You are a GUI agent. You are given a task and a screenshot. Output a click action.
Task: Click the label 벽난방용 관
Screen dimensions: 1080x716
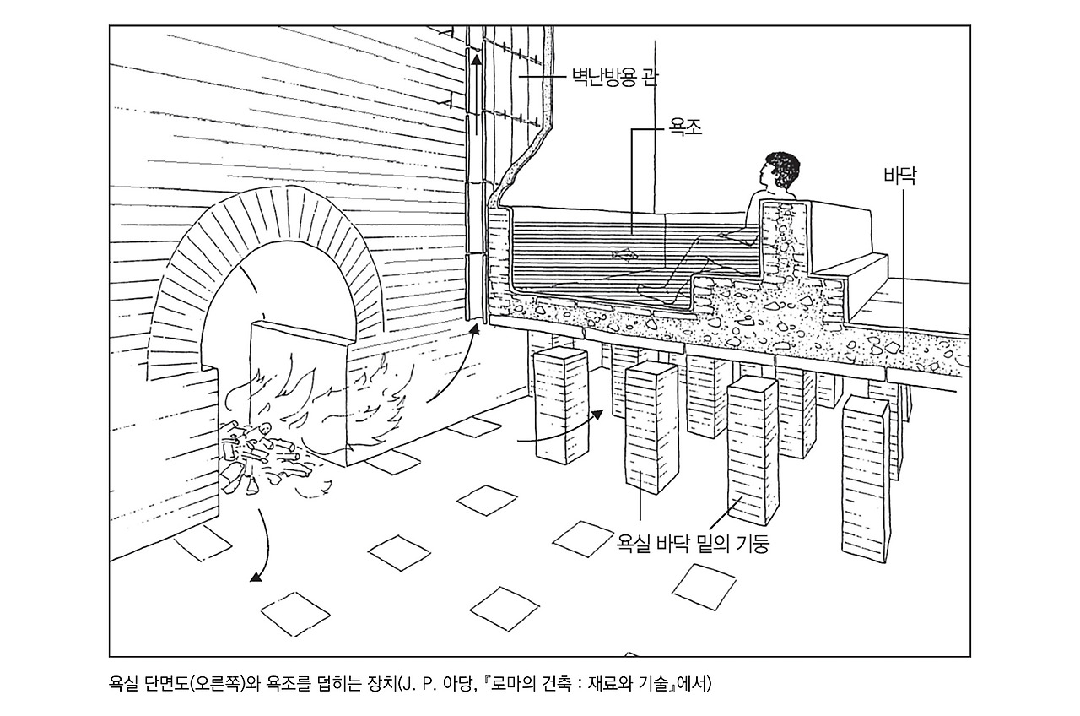pyautogui.click(x=615, y=79)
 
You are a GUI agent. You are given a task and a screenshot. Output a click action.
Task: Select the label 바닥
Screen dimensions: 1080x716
pyautogui.click(x=899, y=176)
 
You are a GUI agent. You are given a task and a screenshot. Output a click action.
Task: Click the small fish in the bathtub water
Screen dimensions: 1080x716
pyautogui.click(x=621, y=253)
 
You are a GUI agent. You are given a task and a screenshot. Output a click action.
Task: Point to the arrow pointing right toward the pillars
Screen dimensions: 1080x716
pyautogui.click(x=597, y=415)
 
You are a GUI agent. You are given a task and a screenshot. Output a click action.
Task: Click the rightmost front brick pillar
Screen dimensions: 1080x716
pyautogui.click(x=864, y=481)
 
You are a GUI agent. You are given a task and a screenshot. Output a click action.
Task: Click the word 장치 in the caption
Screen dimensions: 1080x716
pyautogui.click(x=376, y=683)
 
